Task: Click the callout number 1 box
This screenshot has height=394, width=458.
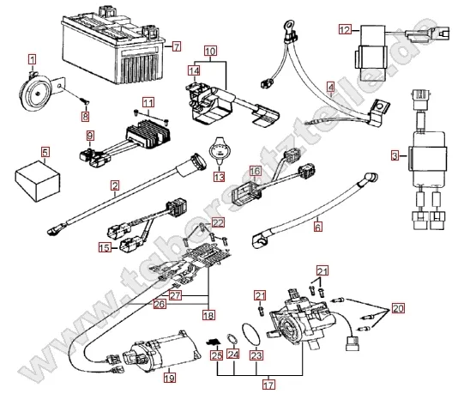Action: point(32,59)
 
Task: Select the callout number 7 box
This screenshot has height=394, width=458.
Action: point(177,46)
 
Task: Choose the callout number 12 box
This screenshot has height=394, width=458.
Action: point(344,30)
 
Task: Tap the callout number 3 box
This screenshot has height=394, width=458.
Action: point(395,155)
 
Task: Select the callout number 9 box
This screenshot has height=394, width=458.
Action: point(88,136)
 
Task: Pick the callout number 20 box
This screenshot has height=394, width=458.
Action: point(398,308)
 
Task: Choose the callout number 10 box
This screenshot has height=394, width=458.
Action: point(211,52)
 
